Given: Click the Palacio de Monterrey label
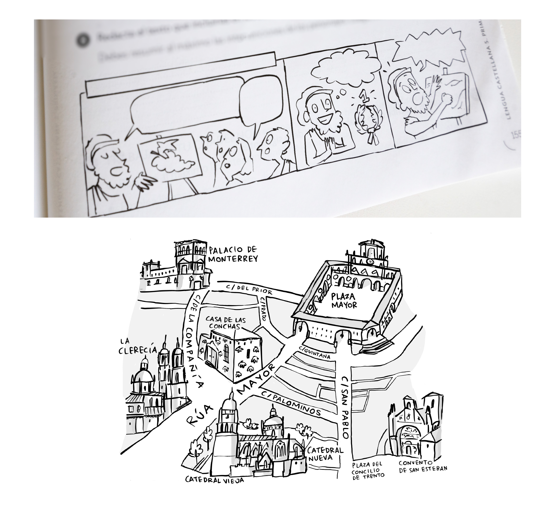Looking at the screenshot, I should coord(233,254).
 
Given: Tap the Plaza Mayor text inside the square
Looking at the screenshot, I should coord(344,301).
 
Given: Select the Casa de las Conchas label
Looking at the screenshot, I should coord(225,323).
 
